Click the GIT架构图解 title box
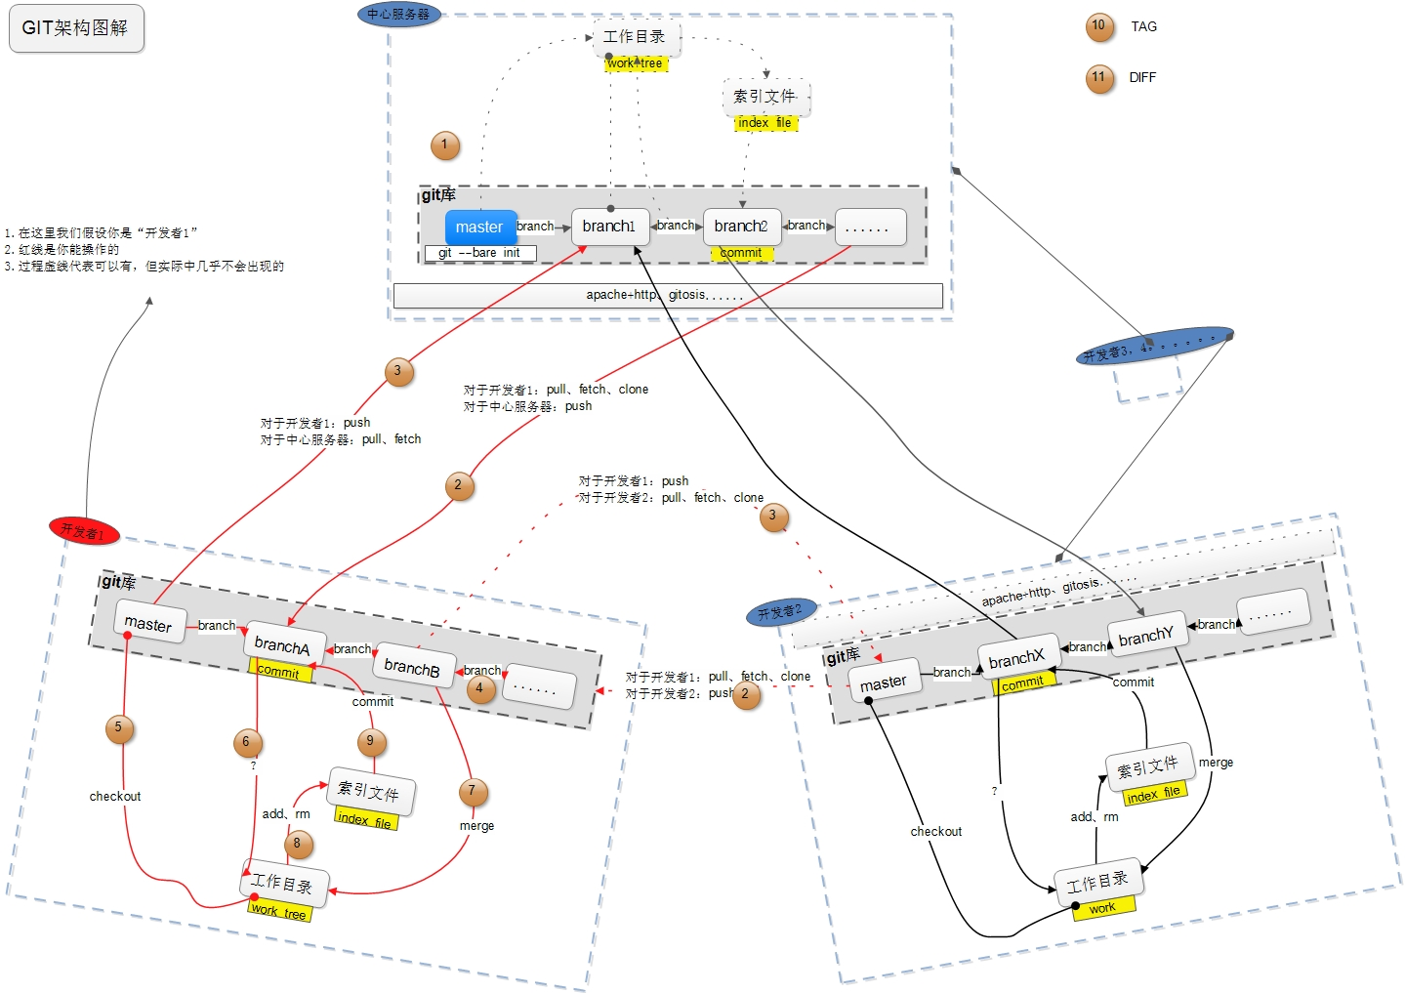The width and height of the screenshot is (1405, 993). pos(76,28)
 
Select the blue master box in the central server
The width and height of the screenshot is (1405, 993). pos(479,228)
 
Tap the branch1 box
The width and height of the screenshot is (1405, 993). pos(609,227)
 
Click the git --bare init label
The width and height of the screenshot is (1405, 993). pos(479,253)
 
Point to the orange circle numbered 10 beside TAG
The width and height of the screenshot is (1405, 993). pos(1099,26)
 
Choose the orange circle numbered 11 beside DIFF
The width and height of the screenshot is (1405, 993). pos(1099,78)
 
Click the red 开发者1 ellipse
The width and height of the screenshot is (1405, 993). pos(84,531)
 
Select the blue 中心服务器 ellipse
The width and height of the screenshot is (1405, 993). pos(398,15)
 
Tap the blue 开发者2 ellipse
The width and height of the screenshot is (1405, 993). pos(780,612)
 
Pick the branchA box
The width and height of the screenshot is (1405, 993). pos(282,645)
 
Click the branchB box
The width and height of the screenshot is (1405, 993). pos(412,668)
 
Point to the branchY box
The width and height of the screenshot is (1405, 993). pos(1146,637)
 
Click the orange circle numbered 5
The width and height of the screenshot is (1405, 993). pos(119,727)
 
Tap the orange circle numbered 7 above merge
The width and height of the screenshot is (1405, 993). pos(473,791)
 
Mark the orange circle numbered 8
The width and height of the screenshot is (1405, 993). pos(298,844)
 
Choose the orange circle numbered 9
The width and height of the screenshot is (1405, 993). pos(371,742)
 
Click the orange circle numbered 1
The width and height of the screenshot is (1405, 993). pos(445,145)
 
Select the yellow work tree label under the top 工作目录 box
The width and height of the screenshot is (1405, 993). pos(636,63)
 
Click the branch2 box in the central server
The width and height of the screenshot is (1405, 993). pos(741,227)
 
